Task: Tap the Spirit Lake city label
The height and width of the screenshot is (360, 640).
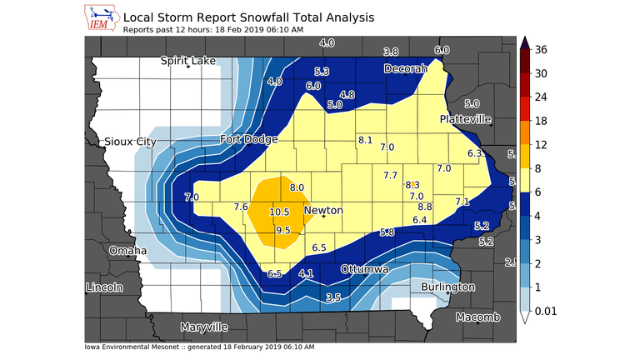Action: pos(188,61)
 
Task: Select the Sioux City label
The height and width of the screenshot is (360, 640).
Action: pos(130,142)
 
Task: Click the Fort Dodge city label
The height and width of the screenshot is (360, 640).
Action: pos(249,139)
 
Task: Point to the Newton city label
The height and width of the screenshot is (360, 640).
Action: pos(323,211)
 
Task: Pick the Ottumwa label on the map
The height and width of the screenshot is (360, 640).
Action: pos(364,270)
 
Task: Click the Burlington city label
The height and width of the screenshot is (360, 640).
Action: pos(448,287)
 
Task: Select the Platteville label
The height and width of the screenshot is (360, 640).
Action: pos(466,119)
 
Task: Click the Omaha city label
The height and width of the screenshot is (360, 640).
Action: pos(128,250)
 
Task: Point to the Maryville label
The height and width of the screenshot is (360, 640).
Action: pos(204,327)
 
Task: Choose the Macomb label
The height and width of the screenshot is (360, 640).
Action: pos(477,317)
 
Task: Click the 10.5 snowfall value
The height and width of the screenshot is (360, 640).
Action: pos(279,212)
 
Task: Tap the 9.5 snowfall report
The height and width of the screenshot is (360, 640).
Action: pos(282,231)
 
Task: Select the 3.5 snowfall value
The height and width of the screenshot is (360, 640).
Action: pos(333,297)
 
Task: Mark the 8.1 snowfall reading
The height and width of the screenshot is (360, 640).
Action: pos(364,140)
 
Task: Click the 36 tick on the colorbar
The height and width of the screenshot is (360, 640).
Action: pos(541,50)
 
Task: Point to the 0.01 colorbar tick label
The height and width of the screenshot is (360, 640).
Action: pos(546,310)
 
